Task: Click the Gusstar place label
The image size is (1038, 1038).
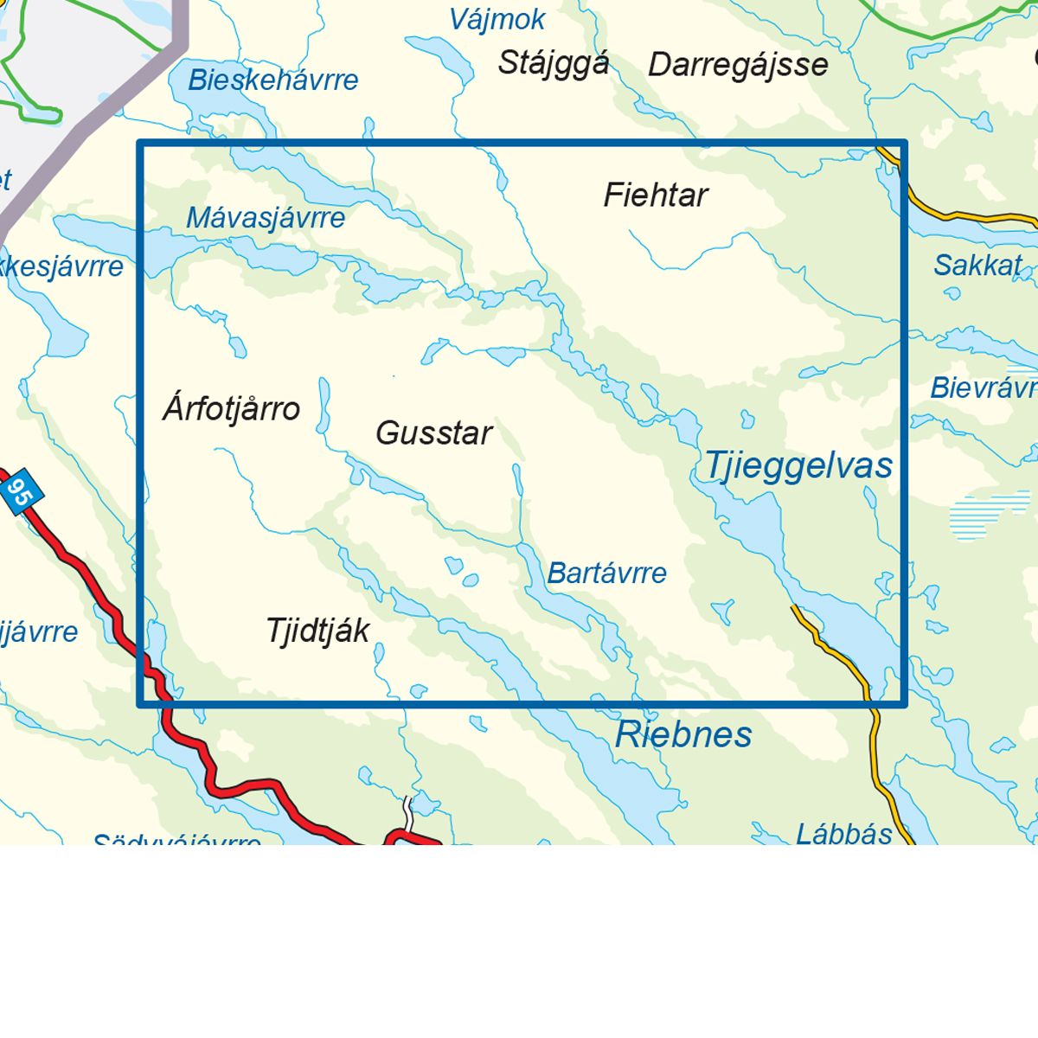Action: [x=433, y=432]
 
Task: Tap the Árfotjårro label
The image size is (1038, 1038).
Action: [x=231, y=408]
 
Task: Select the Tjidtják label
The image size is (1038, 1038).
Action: [x=317, y=631]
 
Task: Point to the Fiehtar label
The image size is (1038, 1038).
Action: [x=656, y=195]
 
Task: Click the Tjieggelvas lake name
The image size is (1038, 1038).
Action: [x=798, y=465]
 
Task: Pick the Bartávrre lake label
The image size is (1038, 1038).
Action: [x=607, y=573]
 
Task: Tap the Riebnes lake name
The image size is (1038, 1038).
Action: [x=683, y=735]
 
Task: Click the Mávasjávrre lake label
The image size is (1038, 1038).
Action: [x=266, y=218]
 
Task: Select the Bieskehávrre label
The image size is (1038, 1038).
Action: [x=273, y=80]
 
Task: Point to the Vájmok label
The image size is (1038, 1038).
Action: [x=497, y=20]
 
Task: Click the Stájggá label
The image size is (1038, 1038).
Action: [x=554, y=63]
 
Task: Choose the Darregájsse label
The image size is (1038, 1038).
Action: [x=738, y=65]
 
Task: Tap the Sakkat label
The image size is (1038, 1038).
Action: [x=977, y=266]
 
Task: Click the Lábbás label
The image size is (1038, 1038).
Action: [x=843, y=834]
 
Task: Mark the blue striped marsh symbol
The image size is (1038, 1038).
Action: [x=982, y=516]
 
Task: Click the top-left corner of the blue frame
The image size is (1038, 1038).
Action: [x=140, y=143]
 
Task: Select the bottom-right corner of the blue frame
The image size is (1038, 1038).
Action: [x=903, y=704]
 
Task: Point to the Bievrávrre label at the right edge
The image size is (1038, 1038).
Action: [x=983, y=388]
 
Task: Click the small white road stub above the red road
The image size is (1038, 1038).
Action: [x=407, y=811]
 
